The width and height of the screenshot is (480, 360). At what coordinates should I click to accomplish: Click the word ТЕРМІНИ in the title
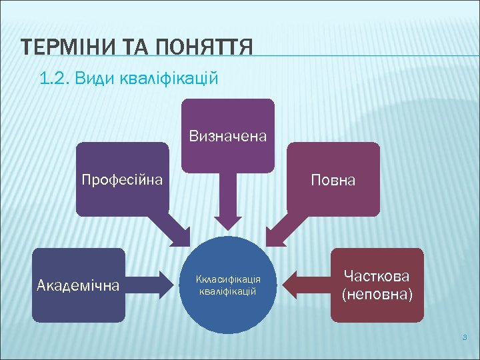[64, 48]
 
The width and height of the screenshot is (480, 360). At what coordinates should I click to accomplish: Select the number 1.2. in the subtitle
[55, 79]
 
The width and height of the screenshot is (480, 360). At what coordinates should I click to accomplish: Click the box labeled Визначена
[228, 136]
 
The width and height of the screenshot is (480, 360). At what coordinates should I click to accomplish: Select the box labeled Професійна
[122, 179]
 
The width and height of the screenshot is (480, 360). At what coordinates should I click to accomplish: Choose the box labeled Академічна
[78, 286]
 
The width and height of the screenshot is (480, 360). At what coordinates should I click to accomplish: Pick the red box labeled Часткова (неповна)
[377, 285]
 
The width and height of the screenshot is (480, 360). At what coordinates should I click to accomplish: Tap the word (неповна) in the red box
[377, 294]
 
